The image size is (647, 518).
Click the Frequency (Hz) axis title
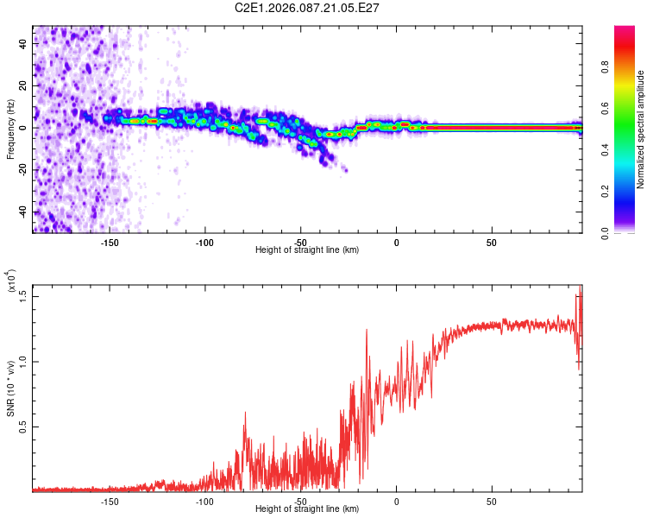point(10,129)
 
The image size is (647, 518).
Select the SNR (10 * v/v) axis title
point(10,388)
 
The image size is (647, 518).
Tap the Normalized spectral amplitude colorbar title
point(641,129)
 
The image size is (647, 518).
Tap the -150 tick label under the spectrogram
point(109,243)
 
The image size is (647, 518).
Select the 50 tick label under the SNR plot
point(491,501)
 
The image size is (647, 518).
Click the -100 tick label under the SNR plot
point(204,501)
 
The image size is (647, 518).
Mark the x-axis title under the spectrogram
point(307,250)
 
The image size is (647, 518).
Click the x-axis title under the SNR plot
point(307,509)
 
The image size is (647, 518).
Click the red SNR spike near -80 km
point(245,415)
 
